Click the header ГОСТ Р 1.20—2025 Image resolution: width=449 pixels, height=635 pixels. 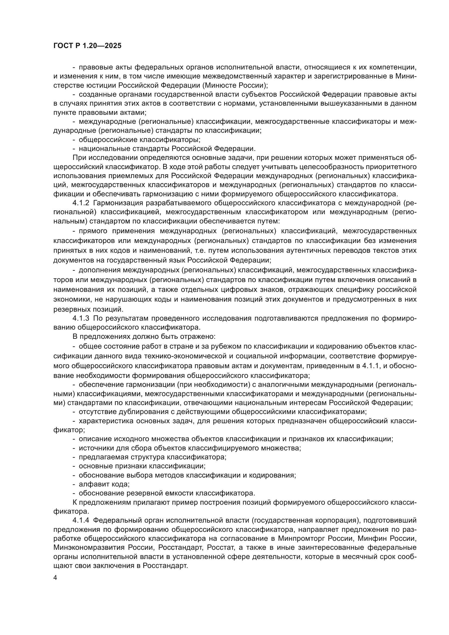pyautogui.click(x=87, y=46)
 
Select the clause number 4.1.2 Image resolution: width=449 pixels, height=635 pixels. pyautogui.click(x=81, y=203)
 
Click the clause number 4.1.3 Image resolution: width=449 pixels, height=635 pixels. pyautogui.click(x=81, y=318)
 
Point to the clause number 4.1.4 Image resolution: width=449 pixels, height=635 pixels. pyautogui.click(x=81, y=520)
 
